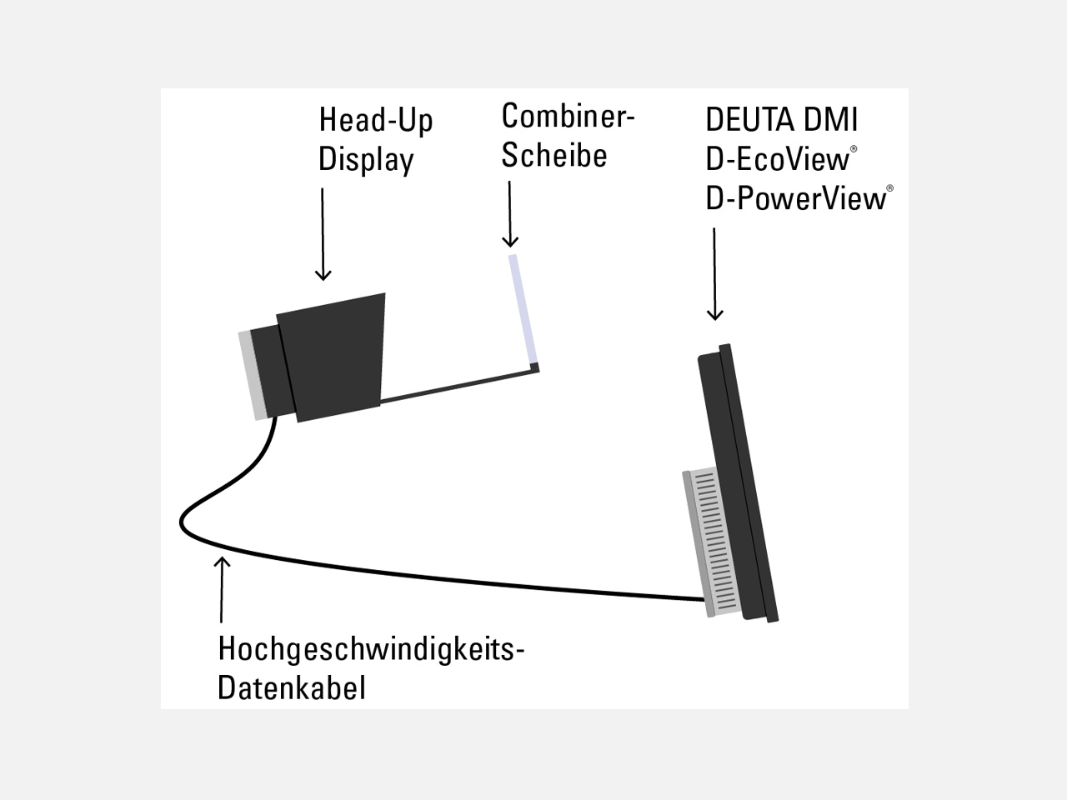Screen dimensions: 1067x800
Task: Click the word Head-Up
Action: (x=375, y=120)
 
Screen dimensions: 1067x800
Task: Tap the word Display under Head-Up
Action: (x=366, y=159)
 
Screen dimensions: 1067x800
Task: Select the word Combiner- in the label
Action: (x=568, y=116)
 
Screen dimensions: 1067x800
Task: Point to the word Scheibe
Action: (x=554, y=155)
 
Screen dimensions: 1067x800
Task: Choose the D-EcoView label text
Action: (x=777, y=159)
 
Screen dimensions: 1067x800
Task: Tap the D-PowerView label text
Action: (x=796, y=198)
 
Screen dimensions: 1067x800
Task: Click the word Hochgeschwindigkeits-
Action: (x=371, y=649)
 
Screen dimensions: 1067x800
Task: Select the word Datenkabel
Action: (x=291, y=688)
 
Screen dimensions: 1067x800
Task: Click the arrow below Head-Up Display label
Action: (x=323, y=234)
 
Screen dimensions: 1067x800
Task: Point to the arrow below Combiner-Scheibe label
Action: (x=510, y=214)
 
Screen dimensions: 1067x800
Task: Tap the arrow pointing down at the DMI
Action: (x=714, y=274)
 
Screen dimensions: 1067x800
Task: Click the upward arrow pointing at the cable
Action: (x=222, y=589)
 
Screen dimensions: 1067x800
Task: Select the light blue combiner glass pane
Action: (x=523, y=309)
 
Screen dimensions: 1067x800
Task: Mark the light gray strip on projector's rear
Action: (x=253, y=375)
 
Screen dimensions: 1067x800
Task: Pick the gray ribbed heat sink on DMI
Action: (x=711, y=542)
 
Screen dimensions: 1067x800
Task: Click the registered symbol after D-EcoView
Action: (x=854, y=149)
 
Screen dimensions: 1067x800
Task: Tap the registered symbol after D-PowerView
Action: (x=890, y=188)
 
